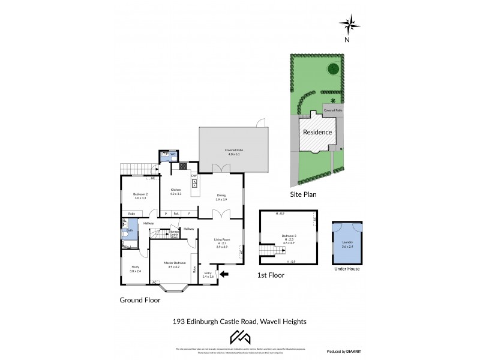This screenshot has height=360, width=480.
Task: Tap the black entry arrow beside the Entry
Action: click(224, 275)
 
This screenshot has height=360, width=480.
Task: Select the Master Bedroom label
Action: click(176, 262)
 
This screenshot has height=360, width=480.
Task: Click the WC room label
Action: click(173, 155)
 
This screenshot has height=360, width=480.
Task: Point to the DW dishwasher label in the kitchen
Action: click(194, 175)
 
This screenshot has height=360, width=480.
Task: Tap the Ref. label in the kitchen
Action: click(176, 214)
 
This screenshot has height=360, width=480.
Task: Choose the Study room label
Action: click(135, 269)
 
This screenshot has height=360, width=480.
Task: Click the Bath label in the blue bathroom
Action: click(130, 230)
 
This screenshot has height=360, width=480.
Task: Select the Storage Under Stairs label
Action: click(173, 234)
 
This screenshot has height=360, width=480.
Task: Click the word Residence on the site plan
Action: click(317, 132)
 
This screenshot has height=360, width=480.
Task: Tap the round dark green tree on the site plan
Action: click(334, 69)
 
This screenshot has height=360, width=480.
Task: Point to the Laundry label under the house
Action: click(347, 244)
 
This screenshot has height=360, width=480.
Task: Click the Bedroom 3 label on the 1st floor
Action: click(289, 236)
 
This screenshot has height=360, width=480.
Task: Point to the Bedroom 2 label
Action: click(140, 194)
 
